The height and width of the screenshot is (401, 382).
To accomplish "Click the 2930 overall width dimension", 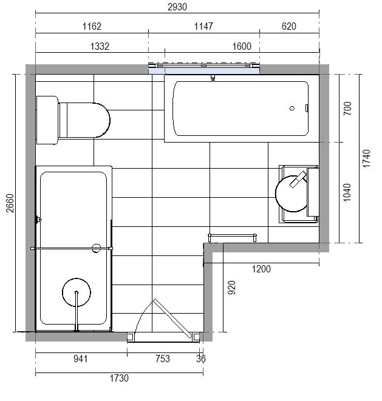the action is pos(177,7).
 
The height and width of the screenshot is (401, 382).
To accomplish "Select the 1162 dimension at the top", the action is pos(92,26).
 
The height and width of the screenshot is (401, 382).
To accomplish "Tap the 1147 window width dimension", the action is pos(203,26).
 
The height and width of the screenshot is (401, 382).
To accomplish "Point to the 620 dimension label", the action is pos(289,26).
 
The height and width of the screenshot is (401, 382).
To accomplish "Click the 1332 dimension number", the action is pos(100,46).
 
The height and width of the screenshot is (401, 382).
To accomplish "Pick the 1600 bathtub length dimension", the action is pos(242,46).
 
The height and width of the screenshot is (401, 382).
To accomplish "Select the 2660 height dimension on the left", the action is pos(10,203).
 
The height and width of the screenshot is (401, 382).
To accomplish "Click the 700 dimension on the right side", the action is pos(347,109).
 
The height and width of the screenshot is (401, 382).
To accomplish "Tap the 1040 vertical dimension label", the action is pos(347,192).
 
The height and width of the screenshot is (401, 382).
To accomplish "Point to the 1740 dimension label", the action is pos(366,158).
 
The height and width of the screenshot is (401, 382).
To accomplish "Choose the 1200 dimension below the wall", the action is pos(261,269).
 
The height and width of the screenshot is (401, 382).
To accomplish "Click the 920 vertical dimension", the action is pos(231,288).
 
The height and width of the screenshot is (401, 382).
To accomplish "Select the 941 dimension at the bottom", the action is pos(80,359).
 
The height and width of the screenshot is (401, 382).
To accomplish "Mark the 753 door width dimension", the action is pos(163,359).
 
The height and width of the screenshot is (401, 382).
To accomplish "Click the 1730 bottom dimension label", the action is pos(119,378).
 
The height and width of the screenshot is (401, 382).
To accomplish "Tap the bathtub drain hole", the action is pos(292,109).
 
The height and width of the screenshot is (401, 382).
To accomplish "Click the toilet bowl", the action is pos(84,120).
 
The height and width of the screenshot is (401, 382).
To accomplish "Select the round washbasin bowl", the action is pos(292,194).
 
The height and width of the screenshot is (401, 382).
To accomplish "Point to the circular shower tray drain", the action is pos(77,292).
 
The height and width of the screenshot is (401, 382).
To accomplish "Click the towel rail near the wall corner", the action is pos(232,237).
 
